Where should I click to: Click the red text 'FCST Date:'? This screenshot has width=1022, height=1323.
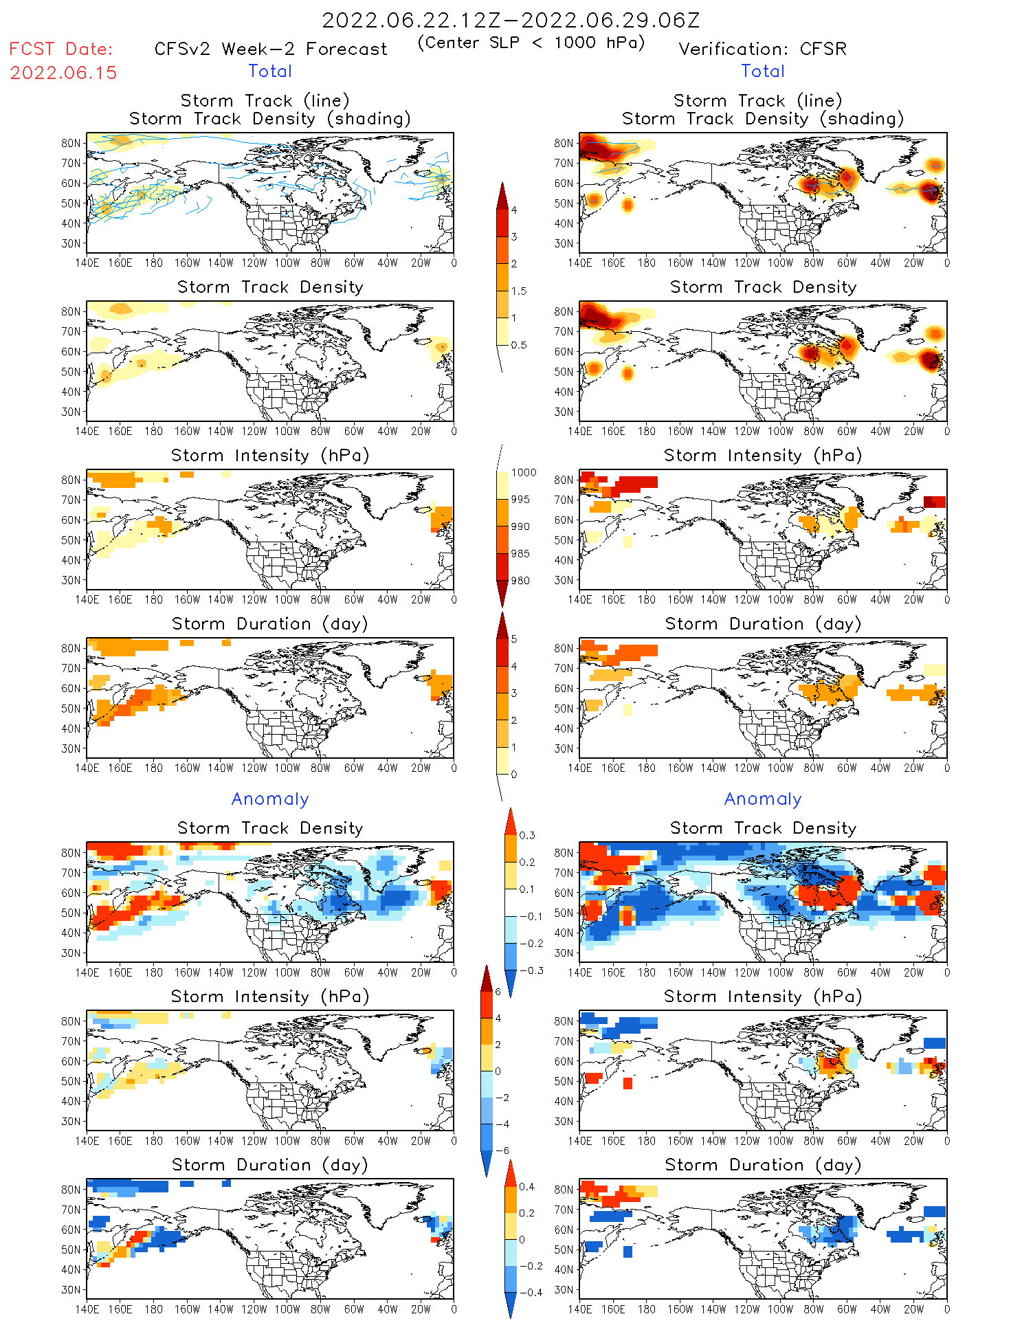point(60,49)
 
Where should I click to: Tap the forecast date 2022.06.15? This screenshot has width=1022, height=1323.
point(63,73)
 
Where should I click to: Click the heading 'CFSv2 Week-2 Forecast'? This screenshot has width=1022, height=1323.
point(271,49)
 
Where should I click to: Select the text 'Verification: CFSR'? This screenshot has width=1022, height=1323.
point(762,49)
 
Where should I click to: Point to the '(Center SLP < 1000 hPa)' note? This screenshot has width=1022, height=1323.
point(531,43)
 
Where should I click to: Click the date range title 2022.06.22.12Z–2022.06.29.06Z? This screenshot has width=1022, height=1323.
point(511,20)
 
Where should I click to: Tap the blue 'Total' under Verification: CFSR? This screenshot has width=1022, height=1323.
point(762,71)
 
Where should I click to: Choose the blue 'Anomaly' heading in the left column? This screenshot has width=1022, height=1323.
point(270,799)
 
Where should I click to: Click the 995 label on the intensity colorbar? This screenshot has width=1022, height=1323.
point(520,500)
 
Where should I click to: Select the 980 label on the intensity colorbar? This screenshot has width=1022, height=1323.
point(520,581)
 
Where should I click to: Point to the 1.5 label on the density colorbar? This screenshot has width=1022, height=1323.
point(519,291)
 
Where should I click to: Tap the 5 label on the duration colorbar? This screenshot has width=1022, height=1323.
point(514,639)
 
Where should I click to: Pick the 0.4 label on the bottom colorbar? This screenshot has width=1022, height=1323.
point(526,1186)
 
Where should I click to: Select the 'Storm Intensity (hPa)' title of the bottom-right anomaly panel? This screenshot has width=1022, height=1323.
point(762,997)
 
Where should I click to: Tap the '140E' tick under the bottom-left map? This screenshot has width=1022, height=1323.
point(87,1309)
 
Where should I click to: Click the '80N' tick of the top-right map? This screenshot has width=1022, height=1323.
point(564,143)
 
